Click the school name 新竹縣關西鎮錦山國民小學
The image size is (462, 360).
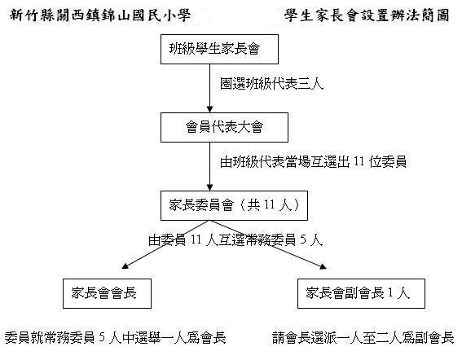click(100, 15)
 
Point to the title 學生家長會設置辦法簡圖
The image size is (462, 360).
click(367, 15)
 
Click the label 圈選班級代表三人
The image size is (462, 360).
click(271, 84)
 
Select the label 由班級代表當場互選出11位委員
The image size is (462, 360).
click(313, 162)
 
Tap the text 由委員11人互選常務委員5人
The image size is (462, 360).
click(235, 240)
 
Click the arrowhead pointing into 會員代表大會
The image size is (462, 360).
click(209, 109)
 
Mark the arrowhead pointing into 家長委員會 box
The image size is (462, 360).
click(209, 187)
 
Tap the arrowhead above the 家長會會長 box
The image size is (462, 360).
click(125, 266)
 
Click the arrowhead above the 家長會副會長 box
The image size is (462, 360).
click(323, 266)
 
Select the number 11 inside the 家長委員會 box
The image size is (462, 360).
click(269, 205)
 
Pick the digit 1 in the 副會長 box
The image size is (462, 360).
click(390, 293)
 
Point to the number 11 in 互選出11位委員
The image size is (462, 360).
click(359, 162)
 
